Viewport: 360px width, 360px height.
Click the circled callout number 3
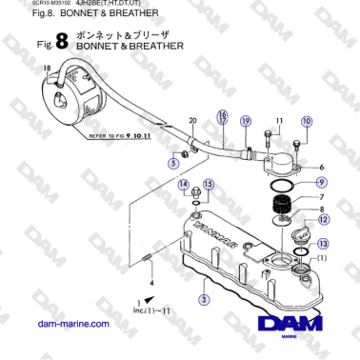tap(203, 299)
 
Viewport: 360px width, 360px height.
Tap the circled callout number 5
tap(172, 163)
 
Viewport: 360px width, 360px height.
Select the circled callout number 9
tap(321, 181)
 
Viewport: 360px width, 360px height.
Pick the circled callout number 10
tap(306, 121)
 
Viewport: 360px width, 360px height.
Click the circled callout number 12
tap(324, 220)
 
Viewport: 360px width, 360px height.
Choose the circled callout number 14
tap(185, 184)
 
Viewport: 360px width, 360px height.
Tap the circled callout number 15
tap(209, 184)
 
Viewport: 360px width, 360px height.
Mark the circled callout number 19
tap(245, 122)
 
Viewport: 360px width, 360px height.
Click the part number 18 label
tap(46, 69)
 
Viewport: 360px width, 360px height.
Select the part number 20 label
tap(191, 121)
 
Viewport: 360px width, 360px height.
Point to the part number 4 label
tap(150, 283)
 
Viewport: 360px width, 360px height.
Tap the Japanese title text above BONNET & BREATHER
tap(111, 32)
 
